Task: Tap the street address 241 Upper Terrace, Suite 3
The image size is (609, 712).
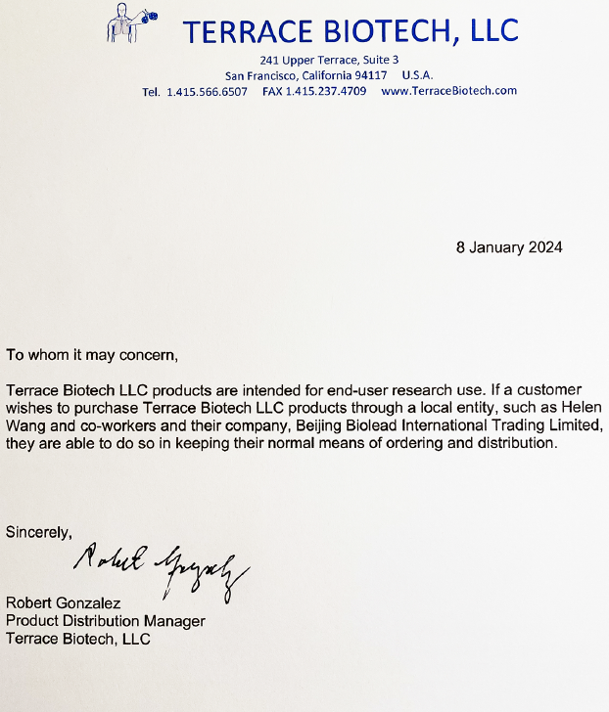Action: tap(329, 60)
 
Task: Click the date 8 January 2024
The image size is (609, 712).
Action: tap(509, 247)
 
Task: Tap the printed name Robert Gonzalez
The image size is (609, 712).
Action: tap(65, 603)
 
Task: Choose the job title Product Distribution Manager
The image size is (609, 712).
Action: tap(106, 621)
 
